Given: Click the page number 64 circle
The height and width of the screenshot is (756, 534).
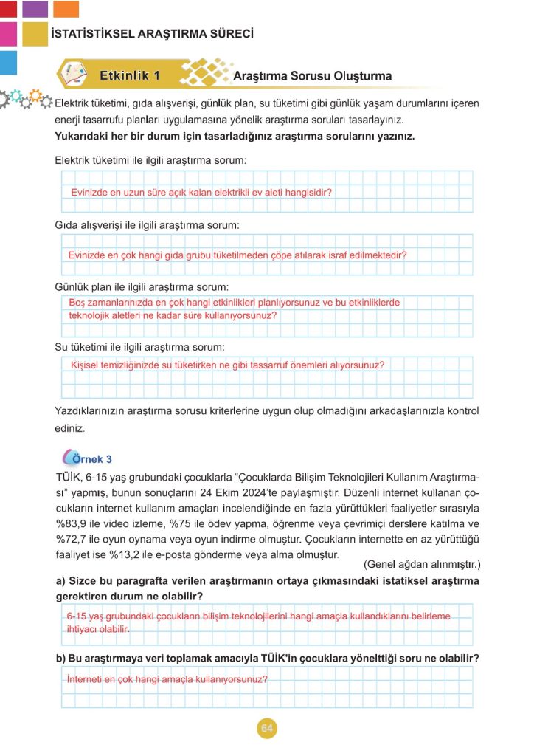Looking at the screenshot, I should pos(266,729).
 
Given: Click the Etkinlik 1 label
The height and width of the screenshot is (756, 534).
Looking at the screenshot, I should pos(129,75).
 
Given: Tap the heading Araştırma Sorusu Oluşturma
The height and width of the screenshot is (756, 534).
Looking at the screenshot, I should pos(312,76).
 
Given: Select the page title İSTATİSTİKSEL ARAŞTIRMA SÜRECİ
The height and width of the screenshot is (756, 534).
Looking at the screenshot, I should pos(153,34).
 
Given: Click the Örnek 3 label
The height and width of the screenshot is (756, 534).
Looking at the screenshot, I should pos(92,458).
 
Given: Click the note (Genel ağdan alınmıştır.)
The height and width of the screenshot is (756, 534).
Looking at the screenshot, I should pos(421,565).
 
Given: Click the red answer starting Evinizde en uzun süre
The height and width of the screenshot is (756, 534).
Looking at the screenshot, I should pos(201,192).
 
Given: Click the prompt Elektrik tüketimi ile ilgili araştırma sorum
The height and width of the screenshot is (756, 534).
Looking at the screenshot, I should pos(150,160).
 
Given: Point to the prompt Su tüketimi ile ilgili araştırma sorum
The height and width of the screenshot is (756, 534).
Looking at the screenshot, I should pos(139,346).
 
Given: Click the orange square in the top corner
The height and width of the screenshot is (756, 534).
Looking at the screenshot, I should pos(66,9).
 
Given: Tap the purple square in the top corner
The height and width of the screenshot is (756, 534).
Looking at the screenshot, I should pos(35,9).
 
